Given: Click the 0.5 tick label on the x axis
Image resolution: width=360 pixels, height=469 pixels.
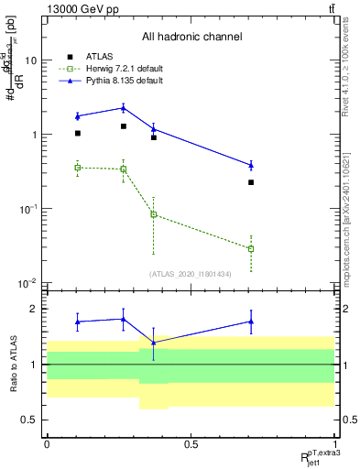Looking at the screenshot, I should point(191,445).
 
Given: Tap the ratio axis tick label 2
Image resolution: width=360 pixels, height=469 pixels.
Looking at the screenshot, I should point(35,309).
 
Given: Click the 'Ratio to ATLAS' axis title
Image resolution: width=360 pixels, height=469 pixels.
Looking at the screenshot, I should point(13,364).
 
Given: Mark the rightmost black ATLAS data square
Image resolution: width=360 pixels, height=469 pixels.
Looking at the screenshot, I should point(251,182).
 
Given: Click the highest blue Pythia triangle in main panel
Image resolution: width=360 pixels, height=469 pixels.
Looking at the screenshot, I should point(123,108).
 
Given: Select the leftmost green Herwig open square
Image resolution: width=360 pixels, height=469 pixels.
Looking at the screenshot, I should point(78,168).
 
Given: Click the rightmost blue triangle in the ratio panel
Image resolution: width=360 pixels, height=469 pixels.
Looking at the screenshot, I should point(251,322).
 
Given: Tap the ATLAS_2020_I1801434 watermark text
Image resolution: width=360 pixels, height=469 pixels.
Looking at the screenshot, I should point(191,274).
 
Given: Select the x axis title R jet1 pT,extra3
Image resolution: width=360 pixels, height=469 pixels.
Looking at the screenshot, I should point(317,455).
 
